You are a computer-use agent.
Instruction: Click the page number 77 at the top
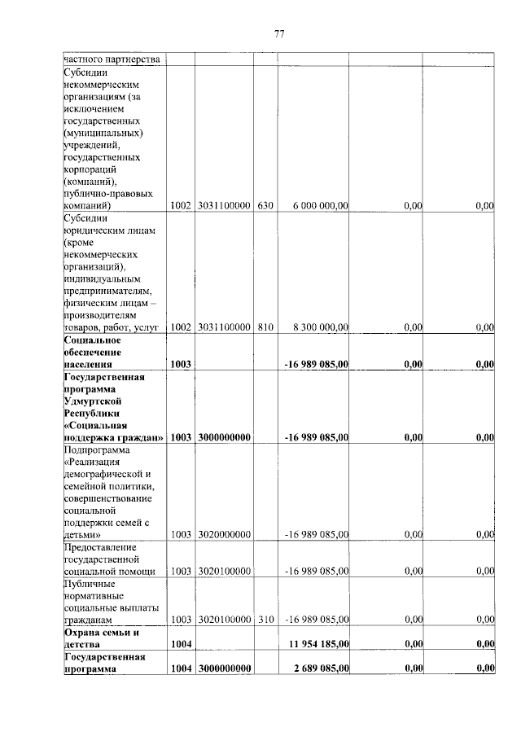coord(278,33)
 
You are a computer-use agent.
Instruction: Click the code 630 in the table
coord(265,206)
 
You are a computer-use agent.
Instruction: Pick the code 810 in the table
coord(265,327)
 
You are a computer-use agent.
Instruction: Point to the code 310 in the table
coord(265,620)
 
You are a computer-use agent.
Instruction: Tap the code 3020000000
coord(223,535)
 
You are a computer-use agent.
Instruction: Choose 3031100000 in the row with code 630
coord(223,206)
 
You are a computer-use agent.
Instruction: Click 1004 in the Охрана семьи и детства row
coord(180,644)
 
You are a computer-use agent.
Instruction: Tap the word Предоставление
coord(101,547)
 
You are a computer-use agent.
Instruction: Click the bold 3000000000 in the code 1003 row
coord(223,437)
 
